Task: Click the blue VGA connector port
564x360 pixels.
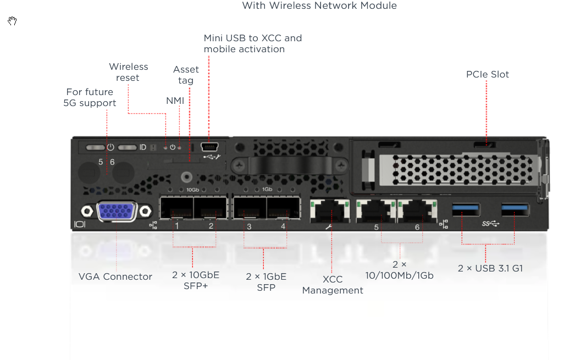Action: pos(117,211)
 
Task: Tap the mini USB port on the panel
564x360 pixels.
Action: pos(209,147)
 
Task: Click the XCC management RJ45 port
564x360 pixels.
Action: pos(330,211)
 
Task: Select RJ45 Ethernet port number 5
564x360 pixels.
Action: pos(376,211)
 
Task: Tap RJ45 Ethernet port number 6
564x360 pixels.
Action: pos(417,211)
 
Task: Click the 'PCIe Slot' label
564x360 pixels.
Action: pos(488,74)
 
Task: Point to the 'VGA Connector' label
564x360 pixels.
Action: pos(115,276)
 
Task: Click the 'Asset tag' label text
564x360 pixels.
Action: pos(186,75)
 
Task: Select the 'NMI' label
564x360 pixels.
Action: pos(175,101)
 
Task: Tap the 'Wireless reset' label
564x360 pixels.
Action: pos(129,72)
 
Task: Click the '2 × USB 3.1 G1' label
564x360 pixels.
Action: pos(490,268)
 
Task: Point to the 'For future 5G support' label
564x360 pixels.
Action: pos(90,97)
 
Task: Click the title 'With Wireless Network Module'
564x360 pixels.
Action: pos(319,5)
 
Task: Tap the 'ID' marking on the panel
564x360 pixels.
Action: pos(143,147)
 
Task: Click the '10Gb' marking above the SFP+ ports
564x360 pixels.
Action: pos(192,190)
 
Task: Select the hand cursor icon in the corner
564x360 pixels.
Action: pos(12,21)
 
